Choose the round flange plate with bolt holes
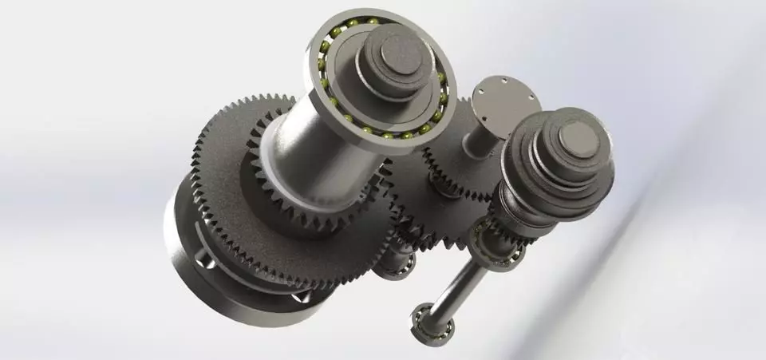[x=504, y=101]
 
